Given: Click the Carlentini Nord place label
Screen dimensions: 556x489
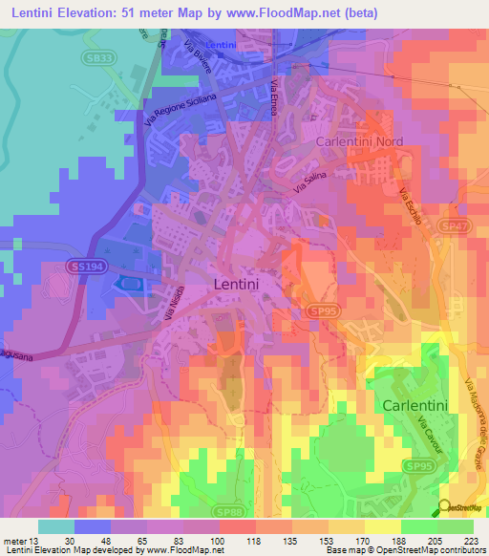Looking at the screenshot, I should pos(359,141).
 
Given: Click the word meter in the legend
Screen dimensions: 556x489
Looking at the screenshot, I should pos(16,540).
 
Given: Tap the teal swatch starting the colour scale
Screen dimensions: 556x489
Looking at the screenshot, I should pos(55,526).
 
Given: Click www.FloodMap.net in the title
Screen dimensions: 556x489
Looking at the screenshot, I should pos(295,13).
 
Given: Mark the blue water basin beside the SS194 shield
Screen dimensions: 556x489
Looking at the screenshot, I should pos(127,283).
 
